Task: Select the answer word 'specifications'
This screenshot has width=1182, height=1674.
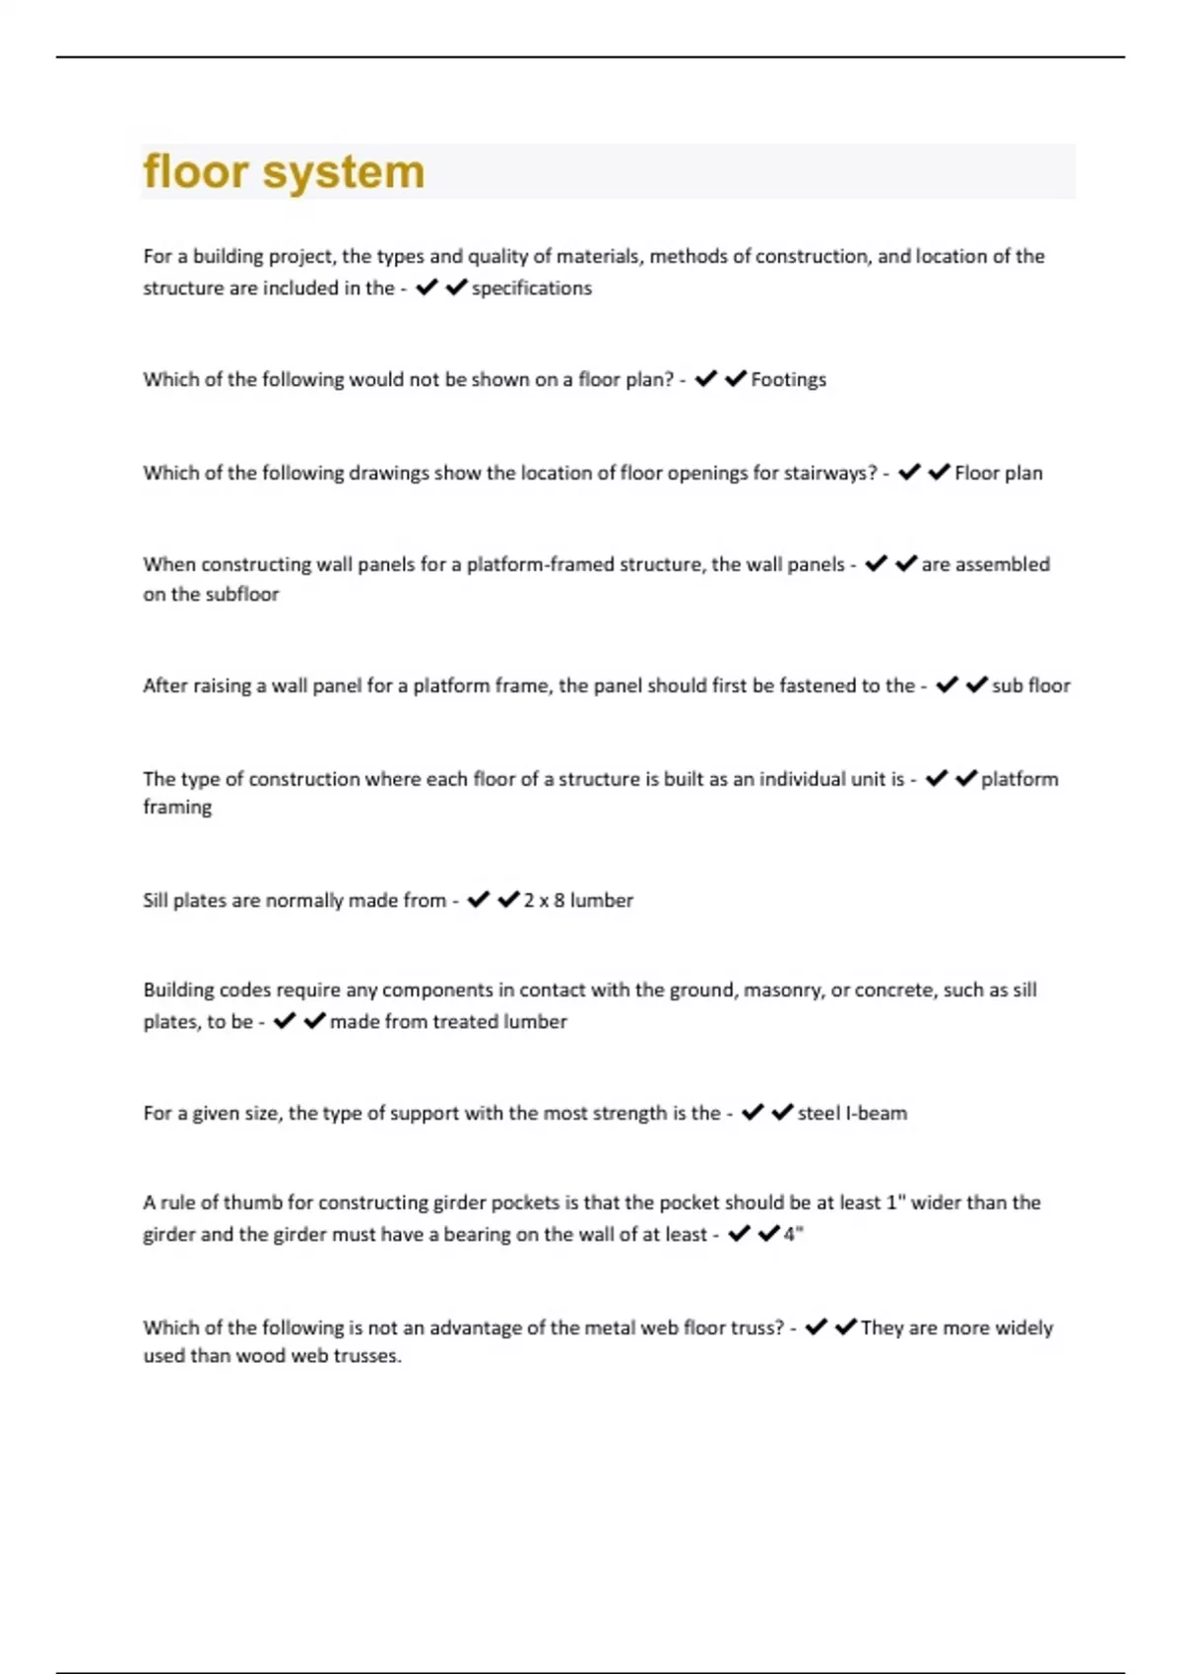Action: pyautogui.click(x=532, y=289)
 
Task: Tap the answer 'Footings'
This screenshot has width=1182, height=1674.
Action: pyautogui.click(x=788, y=380)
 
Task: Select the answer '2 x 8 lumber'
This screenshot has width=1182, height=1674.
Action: pyautogui.click(x=578, y=901)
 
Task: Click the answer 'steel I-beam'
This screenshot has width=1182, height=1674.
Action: pyautogui.click(x=852, y=1114)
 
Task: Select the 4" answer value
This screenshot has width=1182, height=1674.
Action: pyautogui.click(x=794, y=1234)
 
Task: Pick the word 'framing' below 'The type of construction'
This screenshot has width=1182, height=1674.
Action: pyautogui.click(x=177, y=807)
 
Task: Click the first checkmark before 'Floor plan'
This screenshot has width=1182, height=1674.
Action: pyautogui.click(x=909, y=473)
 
